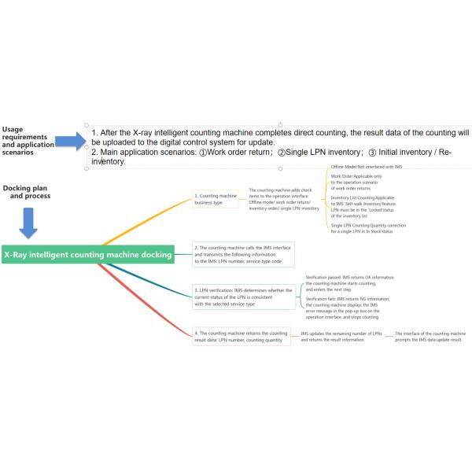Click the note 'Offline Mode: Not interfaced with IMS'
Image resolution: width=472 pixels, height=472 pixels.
[x=367, y=168]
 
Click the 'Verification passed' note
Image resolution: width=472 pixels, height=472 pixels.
[x=350, y=282]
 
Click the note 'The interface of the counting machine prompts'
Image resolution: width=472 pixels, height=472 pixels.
[x=430, y=337]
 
